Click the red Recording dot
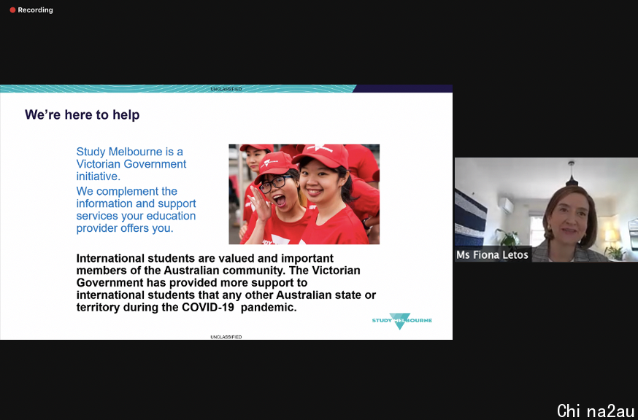pos(12,10)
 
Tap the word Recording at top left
pos(35,10)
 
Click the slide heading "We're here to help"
pos(82,114)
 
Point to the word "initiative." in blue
pos(99,176)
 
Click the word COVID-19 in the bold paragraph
pos(208,308)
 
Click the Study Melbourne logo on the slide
pos(402,321)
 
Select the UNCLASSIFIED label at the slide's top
pos(226,89)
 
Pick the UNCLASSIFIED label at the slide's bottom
pos(226,337)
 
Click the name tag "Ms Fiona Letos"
pos(492,255)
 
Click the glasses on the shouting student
pos(275,184)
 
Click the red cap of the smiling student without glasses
pos(320,156)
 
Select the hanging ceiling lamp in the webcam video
pos(572,175)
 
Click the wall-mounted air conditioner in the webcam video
pos(507,206)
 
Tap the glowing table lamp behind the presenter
pos(610,236)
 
